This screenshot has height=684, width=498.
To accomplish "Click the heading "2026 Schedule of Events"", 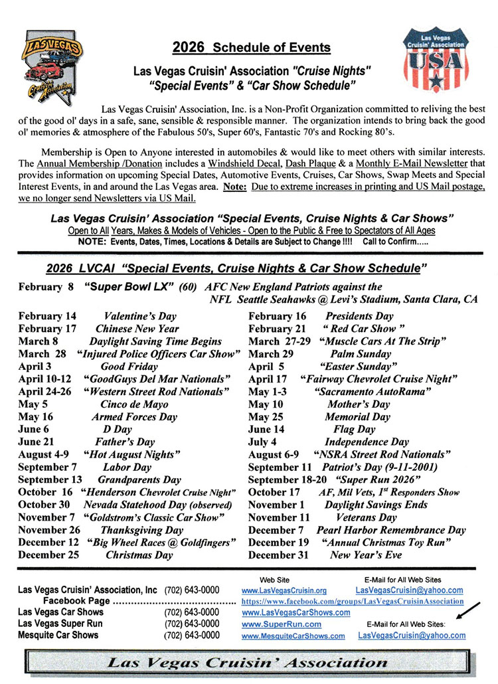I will [251, 47].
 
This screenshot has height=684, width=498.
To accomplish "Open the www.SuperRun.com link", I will [282, 624].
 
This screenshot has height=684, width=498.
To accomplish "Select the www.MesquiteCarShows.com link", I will [293, 636].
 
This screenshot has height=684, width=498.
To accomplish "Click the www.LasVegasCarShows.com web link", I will [295, 612].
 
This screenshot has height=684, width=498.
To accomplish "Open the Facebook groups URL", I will [353, 601].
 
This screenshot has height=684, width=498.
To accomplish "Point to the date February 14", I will [47, 316].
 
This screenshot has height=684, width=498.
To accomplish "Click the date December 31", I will [278, 555].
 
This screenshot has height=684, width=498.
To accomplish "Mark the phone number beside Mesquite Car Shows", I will [192, 636].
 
